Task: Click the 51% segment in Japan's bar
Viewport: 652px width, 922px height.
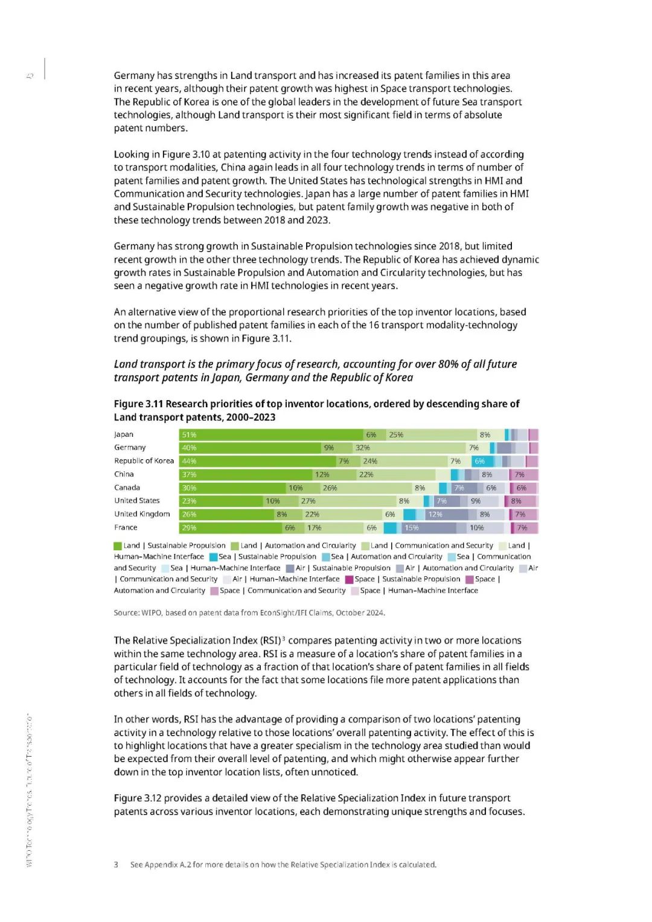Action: tap(272, 434)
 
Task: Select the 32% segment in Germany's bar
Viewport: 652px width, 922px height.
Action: tap(409, 448)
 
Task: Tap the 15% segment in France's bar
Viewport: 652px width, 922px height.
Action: tap(429, 528)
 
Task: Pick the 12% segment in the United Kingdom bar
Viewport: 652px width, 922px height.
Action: tap(446, 515)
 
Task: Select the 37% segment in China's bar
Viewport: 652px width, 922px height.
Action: tap(246, 474)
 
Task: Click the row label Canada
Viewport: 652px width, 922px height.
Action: tap(127, 488)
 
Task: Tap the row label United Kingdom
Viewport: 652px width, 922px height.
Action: tap(142, 514)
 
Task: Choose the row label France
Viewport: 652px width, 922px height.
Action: tap(126, 527)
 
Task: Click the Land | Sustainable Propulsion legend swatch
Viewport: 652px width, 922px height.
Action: tap(118, 546)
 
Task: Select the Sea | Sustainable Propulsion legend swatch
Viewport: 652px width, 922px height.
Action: tap(213, 557)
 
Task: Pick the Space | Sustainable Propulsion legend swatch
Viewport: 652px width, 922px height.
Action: tap(349, 579)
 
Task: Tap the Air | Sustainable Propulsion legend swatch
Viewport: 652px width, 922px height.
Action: tap(290, 568)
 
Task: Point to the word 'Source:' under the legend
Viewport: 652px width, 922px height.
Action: tap(126, 612)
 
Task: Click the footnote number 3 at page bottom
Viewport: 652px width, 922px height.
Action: tap(116, 865)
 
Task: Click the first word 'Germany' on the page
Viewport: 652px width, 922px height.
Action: tap(134, 75)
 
